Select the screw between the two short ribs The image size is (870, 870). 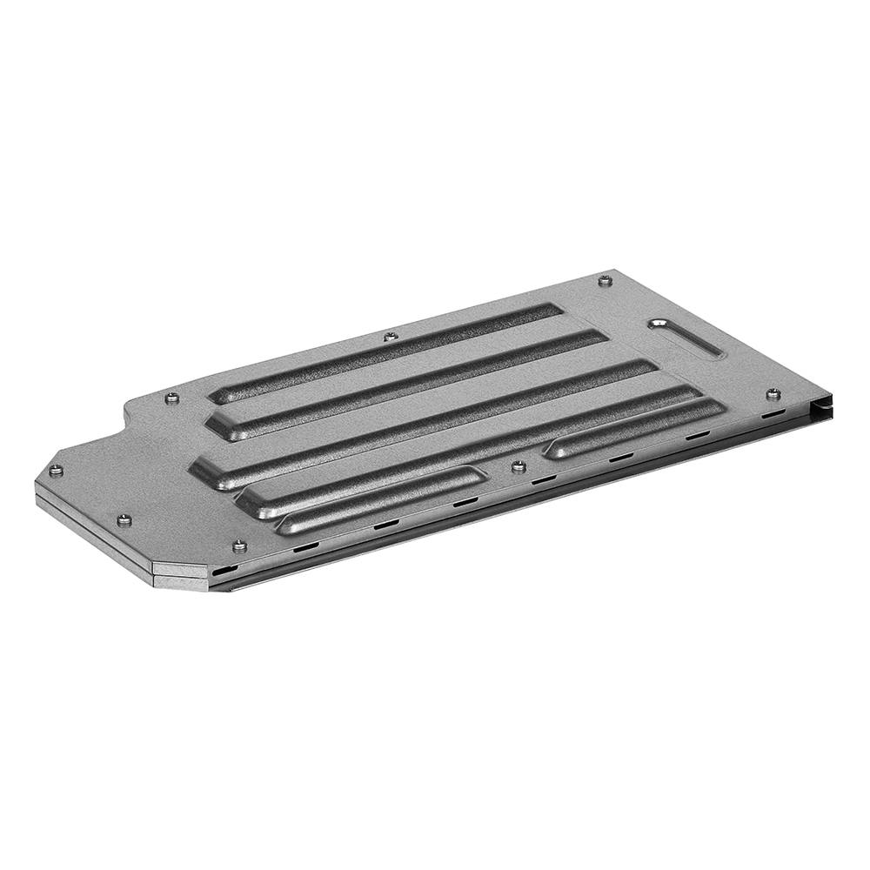[519, 466]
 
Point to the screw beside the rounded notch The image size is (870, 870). [172, 398]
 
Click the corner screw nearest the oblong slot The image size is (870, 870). [606, 280]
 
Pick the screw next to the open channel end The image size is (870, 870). [773, 394]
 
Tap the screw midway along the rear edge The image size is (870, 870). [390, 335]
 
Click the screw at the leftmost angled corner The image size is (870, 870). [56, 471]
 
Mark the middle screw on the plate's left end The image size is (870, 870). [123, 520]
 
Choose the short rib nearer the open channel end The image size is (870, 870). [635, 425]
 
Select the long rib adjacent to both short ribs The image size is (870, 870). [470, 448]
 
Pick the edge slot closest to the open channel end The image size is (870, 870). [770, 416]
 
